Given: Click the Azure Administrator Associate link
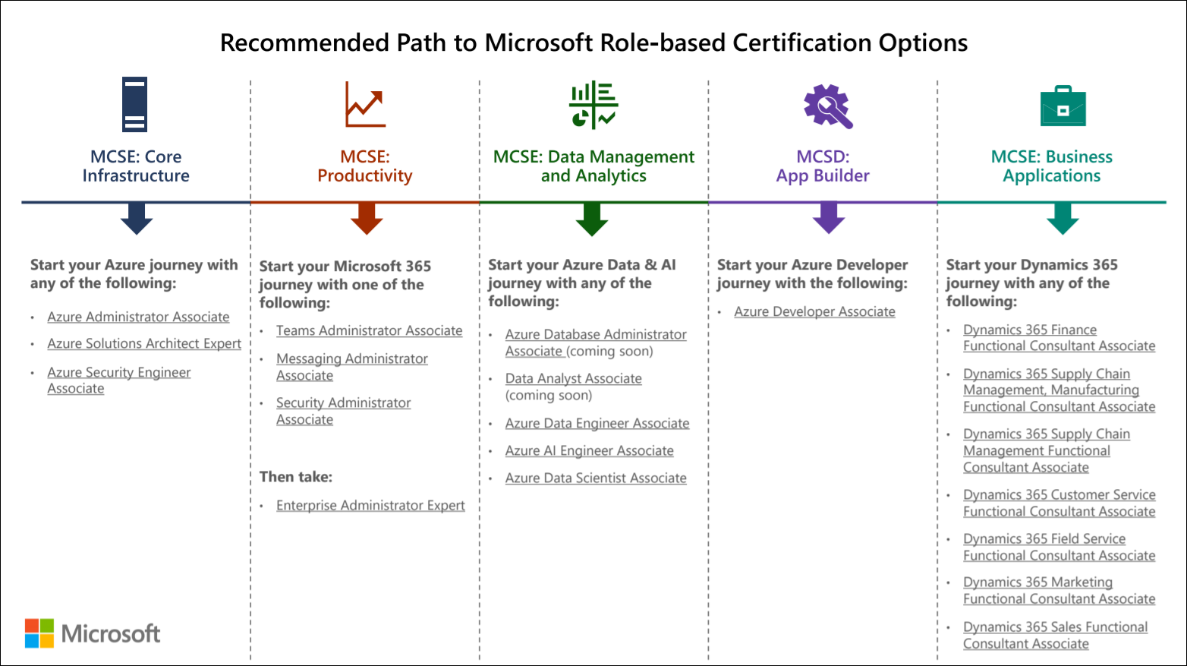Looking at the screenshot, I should coord(138,317).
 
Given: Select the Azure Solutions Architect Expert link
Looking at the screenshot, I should coord(144,344).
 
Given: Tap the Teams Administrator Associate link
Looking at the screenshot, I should coord(369,331).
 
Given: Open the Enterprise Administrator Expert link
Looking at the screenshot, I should coord(370,506).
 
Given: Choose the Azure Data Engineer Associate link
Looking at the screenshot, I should coord(597,424).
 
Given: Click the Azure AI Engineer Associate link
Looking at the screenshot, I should coord(589,451).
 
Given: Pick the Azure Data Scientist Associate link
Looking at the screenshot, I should coord(596,478).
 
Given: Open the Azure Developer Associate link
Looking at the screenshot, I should coord(814,312).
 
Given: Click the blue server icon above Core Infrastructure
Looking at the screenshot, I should coord(135,104).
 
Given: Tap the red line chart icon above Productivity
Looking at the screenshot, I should coord(365,104).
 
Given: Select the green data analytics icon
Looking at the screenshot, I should coord(593,105).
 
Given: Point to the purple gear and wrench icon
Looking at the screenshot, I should coord(828,106).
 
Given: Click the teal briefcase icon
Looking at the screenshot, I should coord(1063,106).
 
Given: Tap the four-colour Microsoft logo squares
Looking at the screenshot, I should coord(39,633).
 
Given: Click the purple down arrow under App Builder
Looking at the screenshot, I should coord(828,218).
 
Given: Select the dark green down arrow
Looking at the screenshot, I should coord(592,219).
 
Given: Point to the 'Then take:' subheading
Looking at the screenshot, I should coord(296,477).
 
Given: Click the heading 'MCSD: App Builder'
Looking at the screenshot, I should coord(823,166).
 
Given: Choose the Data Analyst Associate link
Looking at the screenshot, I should coord(573,379).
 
